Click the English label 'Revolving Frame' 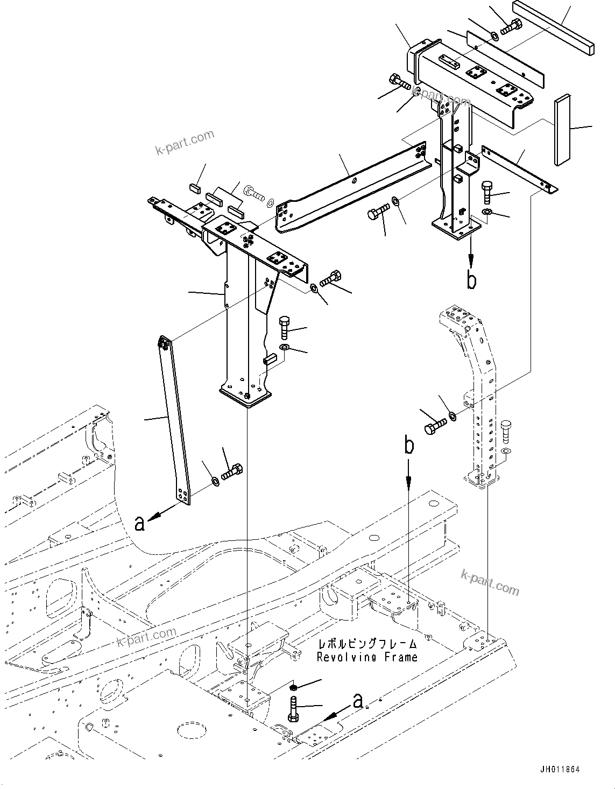tap(366, 657)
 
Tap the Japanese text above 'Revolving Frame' tap(367, 644)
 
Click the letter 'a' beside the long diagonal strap tap(139, 522)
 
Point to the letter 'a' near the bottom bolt tap(358, 700)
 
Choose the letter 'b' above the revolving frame tap(409, 446)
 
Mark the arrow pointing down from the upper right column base tap(471, 253)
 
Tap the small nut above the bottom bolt tap(294, 687)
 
